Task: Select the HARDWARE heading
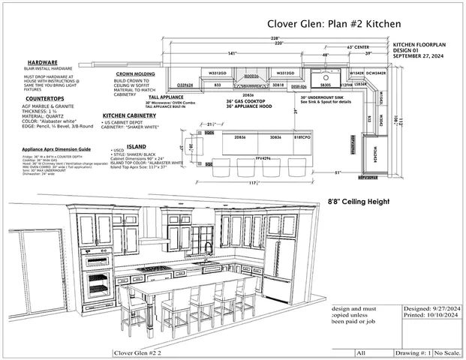click(x=43, y=62)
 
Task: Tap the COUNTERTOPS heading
click(x=44, y=97)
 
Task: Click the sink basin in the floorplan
click(x=326, y=76)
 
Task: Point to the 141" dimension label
click(x=232, y=53)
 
